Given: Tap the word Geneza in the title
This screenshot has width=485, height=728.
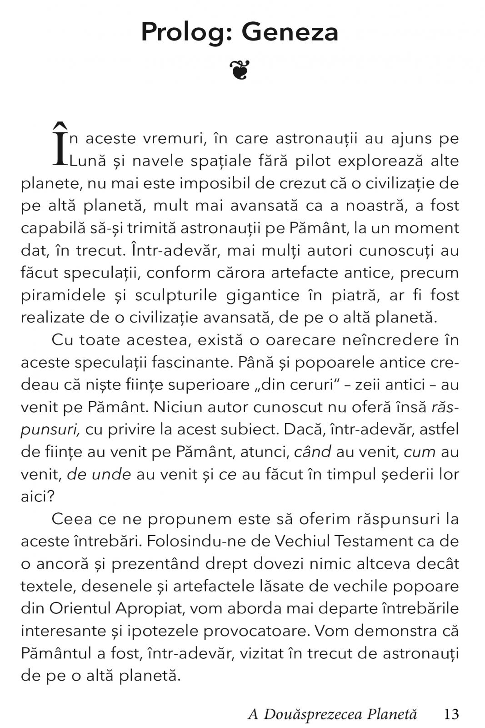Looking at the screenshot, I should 290,33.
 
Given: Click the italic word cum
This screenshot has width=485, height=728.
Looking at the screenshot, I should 420,452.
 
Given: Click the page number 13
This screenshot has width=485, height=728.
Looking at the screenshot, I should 451,714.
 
